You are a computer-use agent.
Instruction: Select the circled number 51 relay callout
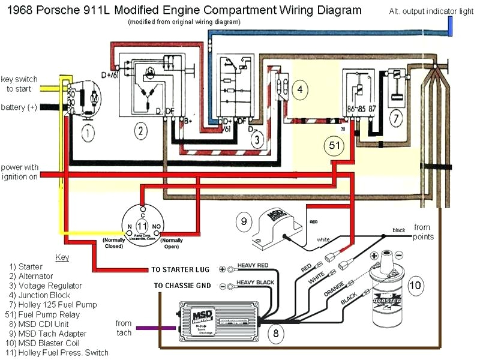tap(334, 145)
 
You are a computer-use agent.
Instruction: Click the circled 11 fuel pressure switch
tap(142, 225)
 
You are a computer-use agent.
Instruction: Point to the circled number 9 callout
tap(244, 223)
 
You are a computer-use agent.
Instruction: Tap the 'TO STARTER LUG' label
tap(182, 269)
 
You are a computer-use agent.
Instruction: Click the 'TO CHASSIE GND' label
tap(182, 286)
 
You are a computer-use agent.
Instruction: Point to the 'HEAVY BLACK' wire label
tap(259, 282)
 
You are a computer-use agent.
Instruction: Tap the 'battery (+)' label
tap(19, 107)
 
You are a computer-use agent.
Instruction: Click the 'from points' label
tap(422, 232)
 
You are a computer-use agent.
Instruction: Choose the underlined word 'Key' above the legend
tap(62, 257)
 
